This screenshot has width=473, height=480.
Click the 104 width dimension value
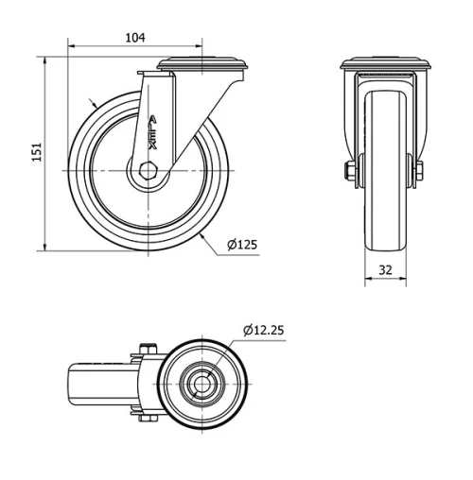coord(134,37)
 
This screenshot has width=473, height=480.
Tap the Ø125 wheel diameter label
coord(242,246)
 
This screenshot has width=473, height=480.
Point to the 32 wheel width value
coord(385,268)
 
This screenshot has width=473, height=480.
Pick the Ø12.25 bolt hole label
coord(264,331)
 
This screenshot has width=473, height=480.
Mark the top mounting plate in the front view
coord(385,65)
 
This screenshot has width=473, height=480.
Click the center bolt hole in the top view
coord(201,384)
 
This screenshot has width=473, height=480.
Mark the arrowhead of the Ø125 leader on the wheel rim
coord(201,230)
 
